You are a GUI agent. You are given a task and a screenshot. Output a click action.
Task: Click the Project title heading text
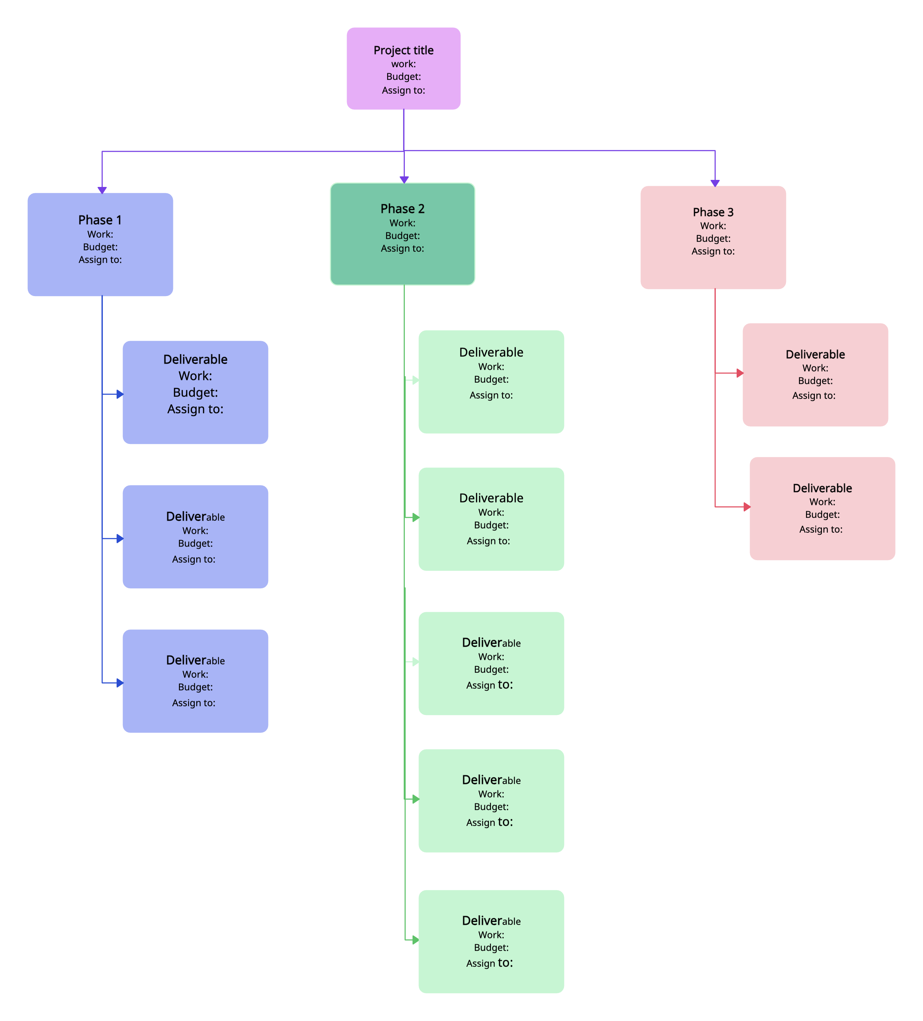pos(403,50)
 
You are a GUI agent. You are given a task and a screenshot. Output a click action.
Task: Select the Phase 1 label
pos(100,220)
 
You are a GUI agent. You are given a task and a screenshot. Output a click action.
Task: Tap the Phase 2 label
pos(402,209)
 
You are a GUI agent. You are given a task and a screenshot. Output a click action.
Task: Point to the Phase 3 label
pos(713,212)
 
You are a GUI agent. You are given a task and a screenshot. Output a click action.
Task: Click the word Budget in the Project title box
pos(403,76)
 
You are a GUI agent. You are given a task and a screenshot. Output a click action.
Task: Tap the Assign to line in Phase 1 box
pos(100,260)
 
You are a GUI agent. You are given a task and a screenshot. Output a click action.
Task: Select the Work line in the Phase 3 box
pos(713,226)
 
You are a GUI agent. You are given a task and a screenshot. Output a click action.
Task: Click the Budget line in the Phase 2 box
pos(402,236)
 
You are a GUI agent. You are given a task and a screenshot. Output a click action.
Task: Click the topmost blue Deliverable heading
pos(195,359)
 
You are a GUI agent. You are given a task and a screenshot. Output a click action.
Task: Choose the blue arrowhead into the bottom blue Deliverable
pos(120,683)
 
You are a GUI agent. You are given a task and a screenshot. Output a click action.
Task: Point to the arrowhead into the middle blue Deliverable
pos(120,538)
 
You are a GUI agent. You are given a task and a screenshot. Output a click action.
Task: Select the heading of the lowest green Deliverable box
pos(491,920)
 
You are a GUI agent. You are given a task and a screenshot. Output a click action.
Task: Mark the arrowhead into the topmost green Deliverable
pos(416,380)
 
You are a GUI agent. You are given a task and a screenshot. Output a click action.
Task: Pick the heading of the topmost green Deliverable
pos(491,352)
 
